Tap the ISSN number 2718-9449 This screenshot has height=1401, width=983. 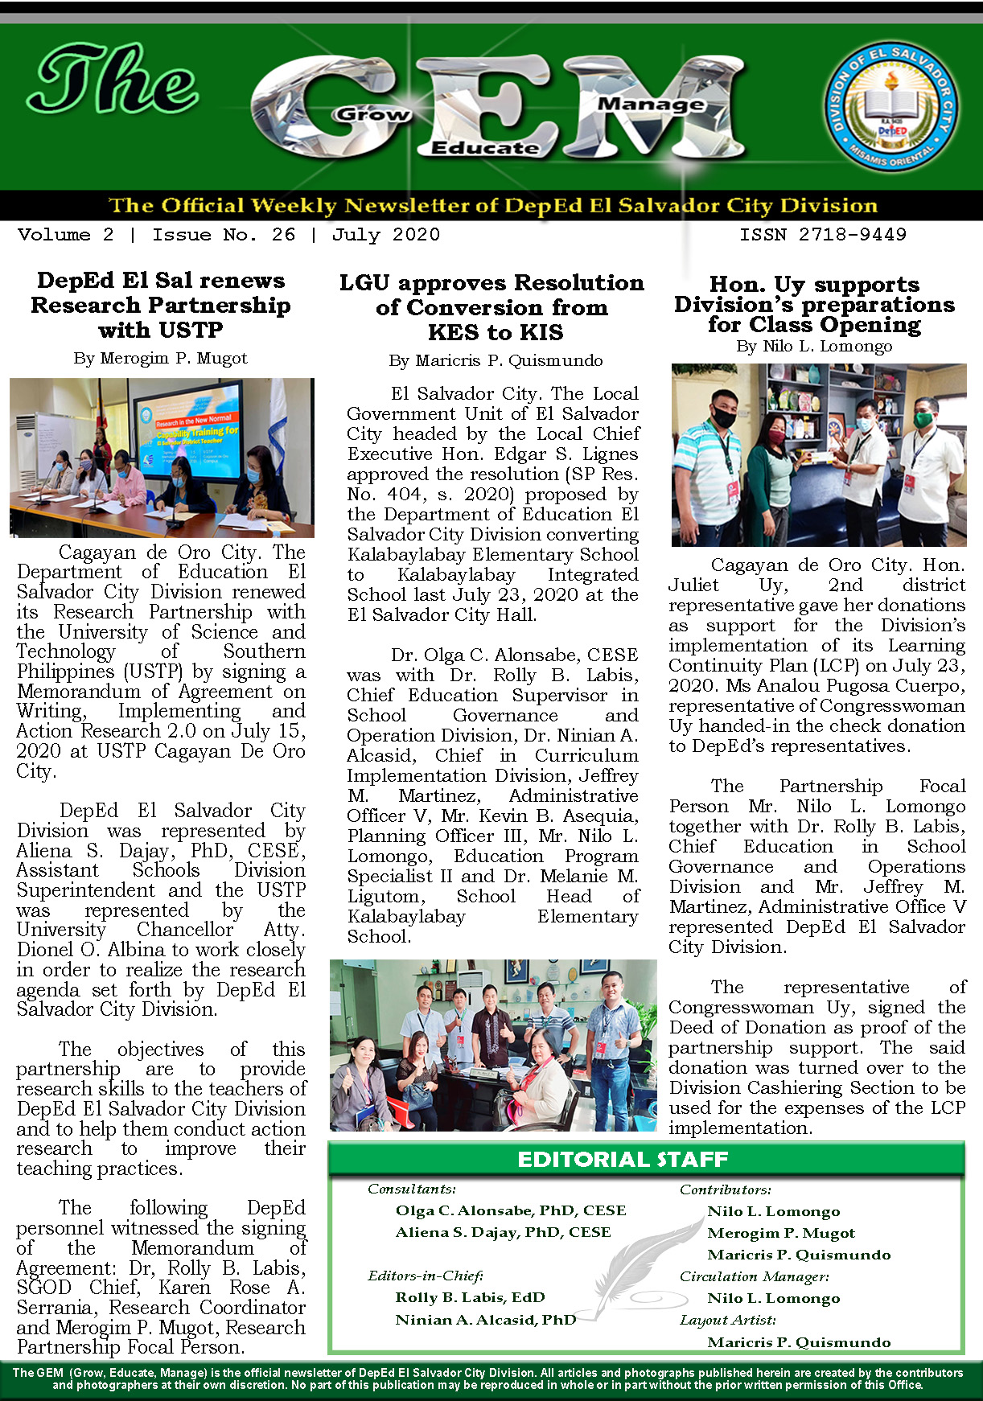pyautogui.click(x=823, y=235)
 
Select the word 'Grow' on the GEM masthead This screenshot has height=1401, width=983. pyautogui.click(x=372, y=114)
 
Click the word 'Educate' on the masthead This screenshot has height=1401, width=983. pyautogui.click(x=484, y=148)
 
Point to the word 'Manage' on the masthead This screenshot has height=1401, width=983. pyautogui.click(x=651, y=104)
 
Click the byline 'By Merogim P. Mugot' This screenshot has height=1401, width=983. pyautogui.click(x=160, y=359)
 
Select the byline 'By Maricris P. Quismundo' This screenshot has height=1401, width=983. pyautogui.click(x=496, y=361)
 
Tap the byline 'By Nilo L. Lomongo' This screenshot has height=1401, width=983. pyautogui.click(x=814, y=347)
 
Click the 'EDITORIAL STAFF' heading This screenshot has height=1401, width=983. pyautogui.click(x=623, y=1159)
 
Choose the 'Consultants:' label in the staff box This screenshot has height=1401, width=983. pyautogui.click(x=411, y=1189)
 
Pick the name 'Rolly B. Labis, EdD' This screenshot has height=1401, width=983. pyautogui.click(x=470, y=1297)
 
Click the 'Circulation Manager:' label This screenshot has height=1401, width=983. pyautogui.click(x=754, y=1276)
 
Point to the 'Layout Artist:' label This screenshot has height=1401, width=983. pyautogui.click(x=727, y=1320)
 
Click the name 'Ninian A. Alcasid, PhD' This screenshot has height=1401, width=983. pyautogui.click(x=485, y=1320)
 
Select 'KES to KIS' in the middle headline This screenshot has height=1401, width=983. pyautogui.click(x=496, y=333)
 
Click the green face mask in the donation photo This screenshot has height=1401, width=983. pyautogui.click(x=923, y=418)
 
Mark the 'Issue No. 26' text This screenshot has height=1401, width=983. pyautogui.click(x=224, y=235)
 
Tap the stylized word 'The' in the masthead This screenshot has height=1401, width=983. pyautogui.click(x=113, y=80)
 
